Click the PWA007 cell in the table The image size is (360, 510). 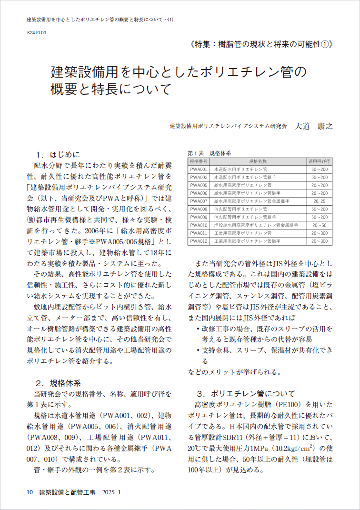pyautogui.click(x=199, y=201)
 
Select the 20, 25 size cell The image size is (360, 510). pyautogui.click(x=320, y=201)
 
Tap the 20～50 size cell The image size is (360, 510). pyautogui.click(x=320, y=225)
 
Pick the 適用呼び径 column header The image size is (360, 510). pyautogui.click(x=320, y=161)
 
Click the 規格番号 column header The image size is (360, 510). pyautogui.click(x=199, y=161)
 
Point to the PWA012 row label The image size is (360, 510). pyautogui.click(x=199, y=241)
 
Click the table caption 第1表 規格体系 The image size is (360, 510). pyautogui.click(x=210, y=153)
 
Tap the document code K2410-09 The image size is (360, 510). pyautogui.click(x=36, y=33)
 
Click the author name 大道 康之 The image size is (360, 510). pyautogui.click(x=313, y=126)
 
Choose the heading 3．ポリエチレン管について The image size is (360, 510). pyautogui.click(x=246, y=393)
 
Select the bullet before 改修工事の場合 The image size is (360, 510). pyautogui.click(x=198, y=329)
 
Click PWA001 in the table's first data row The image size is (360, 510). pyautogui.click(x=199, y=169)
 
